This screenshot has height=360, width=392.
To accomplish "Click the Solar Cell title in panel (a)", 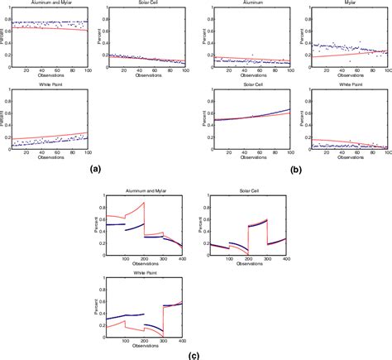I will click(x=146, y=4).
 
